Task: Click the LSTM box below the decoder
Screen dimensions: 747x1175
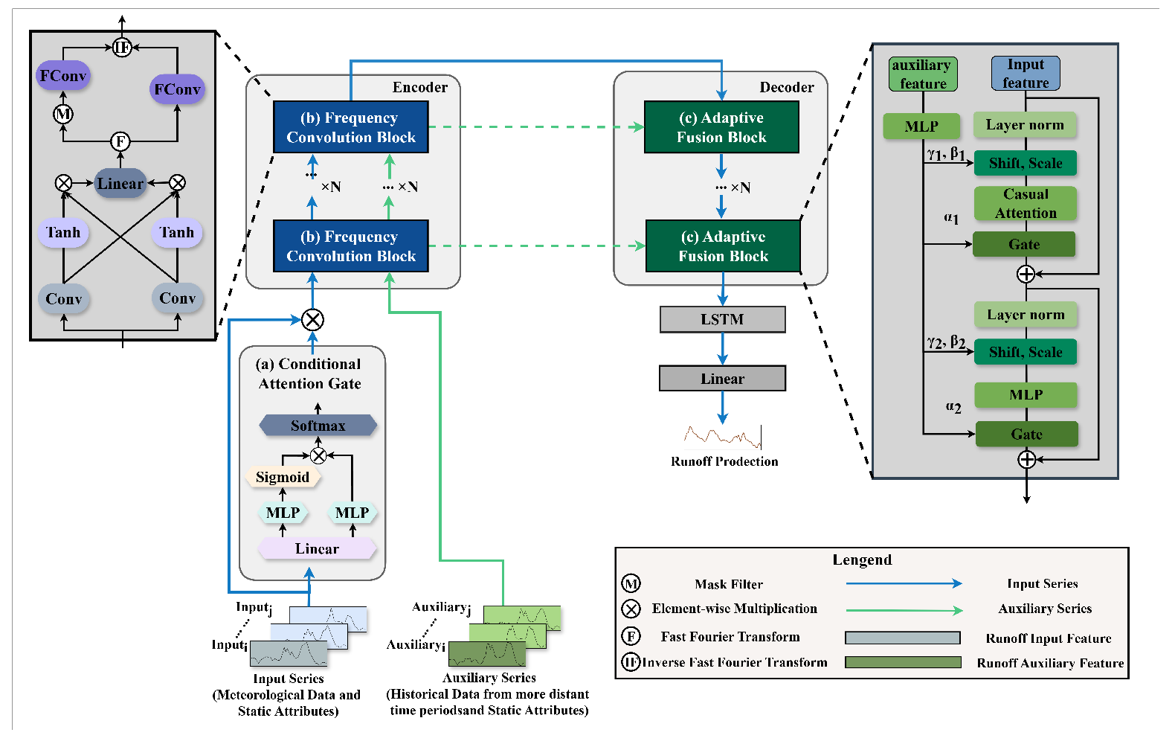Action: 722,319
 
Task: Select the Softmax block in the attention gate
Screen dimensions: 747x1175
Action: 318,426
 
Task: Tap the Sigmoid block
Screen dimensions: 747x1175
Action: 283,477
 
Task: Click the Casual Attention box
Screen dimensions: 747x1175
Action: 1026,203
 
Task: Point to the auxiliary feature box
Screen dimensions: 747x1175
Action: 922,74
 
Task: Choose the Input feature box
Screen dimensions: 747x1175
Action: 1026,74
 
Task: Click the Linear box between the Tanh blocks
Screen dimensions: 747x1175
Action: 120,184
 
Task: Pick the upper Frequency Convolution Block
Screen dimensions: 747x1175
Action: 351,127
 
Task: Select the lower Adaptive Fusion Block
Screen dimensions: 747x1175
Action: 723,246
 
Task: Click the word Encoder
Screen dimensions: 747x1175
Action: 420,87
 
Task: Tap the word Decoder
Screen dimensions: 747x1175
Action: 786,87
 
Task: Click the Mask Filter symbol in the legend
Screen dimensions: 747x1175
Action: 631,583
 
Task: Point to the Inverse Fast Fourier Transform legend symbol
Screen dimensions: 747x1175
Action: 631,661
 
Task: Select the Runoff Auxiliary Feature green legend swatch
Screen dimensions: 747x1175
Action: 903,662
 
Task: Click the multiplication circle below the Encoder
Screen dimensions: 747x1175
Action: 312,320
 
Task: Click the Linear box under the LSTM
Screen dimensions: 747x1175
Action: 722,379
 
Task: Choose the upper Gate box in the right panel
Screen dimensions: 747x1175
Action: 1024,244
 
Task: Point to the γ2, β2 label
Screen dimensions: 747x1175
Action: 946,342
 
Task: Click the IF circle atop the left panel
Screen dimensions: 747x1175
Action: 122,48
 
